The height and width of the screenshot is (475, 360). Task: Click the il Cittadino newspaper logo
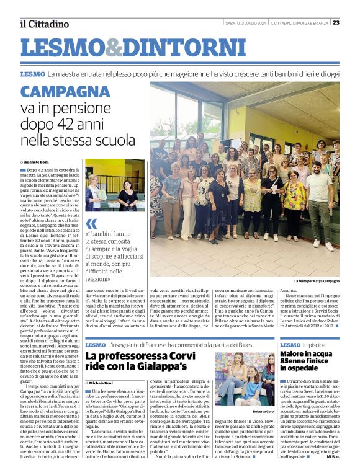[44, 24]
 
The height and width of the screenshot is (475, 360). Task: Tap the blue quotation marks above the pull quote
[91, 224]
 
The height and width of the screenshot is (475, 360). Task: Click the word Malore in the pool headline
[296, 354]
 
